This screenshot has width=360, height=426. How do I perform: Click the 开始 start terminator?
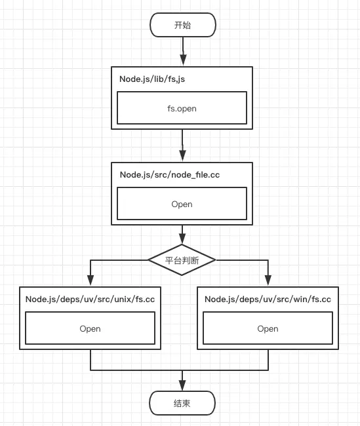click(x=182, y=26)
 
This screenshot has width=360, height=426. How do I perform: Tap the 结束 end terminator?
click(x=182, y=403)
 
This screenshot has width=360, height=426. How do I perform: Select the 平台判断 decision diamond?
click(x=182, y=260)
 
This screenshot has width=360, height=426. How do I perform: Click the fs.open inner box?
click(x=182, y=108)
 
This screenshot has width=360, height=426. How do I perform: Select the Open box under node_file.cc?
click(x=182, y=204)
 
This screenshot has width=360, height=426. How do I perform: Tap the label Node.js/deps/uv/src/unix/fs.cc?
click(x=90, y=299)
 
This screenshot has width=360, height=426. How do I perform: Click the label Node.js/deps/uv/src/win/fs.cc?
click(x=268, y=299)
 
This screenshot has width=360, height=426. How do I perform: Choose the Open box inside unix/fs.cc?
click(x=90, y=328)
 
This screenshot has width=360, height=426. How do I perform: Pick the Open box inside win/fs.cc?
click(x=268, y=328)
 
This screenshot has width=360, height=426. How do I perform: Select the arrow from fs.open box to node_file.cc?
click(x=182, y=144)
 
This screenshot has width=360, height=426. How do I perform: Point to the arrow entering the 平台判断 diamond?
click(x=182, y=235)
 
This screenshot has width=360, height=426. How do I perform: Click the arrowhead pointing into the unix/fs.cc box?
click(x=90, y=282)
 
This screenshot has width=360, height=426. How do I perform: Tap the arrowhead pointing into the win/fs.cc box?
click(x=268, y=282)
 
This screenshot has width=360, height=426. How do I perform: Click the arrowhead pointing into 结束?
click(x=182, y=387)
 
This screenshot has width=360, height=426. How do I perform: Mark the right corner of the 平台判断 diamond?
click(x=216, y=260)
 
